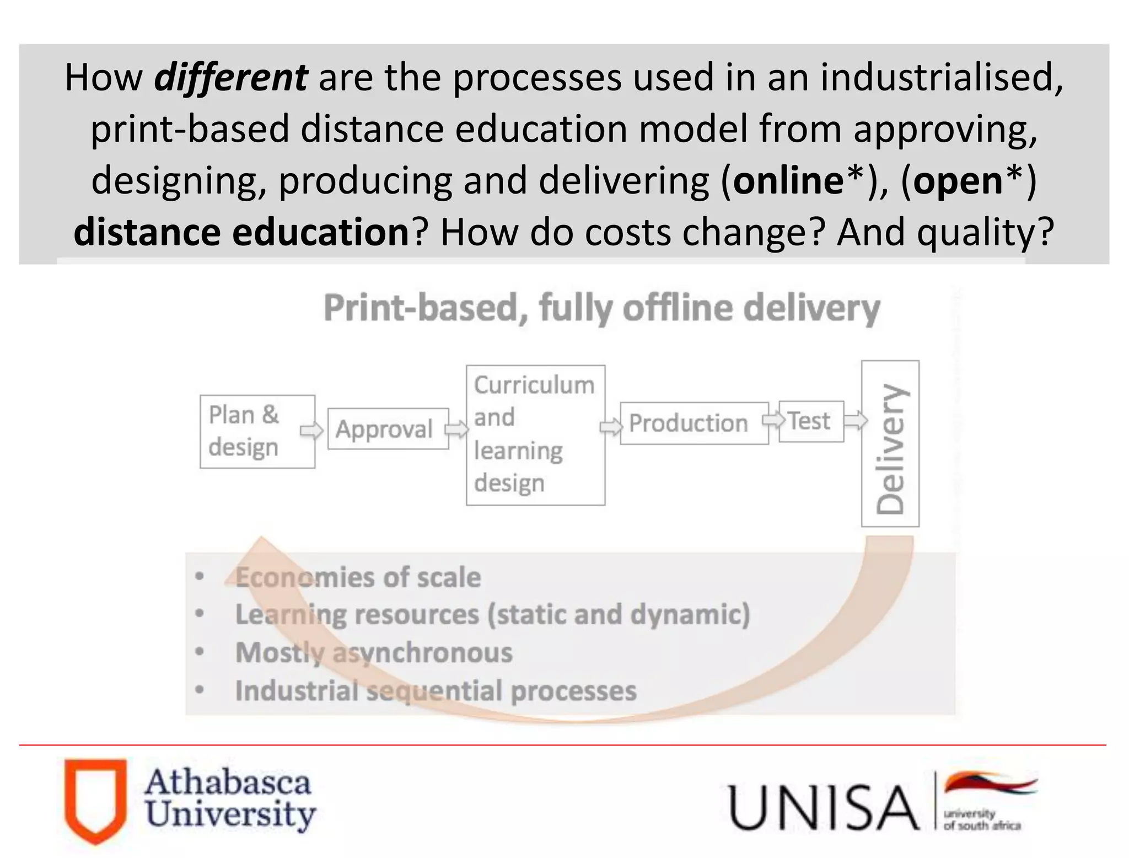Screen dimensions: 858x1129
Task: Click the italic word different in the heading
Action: (x=230, y=78)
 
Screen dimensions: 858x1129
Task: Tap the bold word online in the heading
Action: (x=788, y=181)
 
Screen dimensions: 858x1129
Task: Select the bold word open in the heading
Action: (x=958, y=181)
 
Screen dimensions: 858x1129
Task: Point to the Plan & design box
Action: (x=257, y=431)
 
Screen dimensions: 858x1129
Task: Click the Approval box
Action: (x=388, y=428)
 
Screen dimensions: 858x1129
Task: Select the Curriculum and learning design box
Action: (x=535, y=435)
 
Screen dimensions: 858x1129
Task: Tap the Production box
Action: (x=693, y=423)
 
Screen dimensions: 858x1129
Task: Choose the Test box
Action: (x=811, y=421)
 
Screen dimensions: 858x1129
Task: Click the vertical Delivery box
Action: (x=890, y=443)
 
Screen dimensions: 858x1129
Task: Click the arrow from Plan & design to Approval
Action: (x=311, y=430)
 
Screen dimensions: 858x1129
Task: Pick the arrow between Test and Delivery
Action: (x=855, y=421)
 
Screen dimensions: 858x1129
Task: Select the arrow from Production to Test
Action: (x=773, y=420)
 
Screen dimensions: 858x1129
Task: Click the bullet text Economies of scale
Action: (x=357, y=577)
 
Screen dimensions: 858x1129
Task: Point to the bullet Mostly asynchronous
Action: (x=373, y=652)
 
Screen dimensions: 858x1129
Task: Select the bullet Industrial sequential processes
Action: (x=435, y=690)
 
